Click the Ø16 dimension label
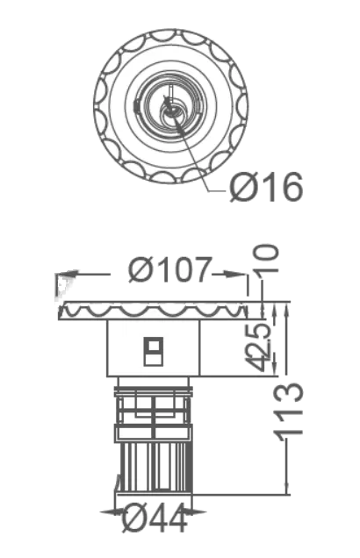[266, 187]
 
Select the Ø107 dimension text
[169, 269]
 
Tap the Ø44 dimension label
[155, 519]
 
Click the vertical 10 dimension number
[265, 259]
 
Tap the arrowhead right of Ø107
[234, 274]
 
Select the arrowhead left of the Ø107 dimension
[67, 275]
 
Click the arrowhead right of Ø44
[198, 512]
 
